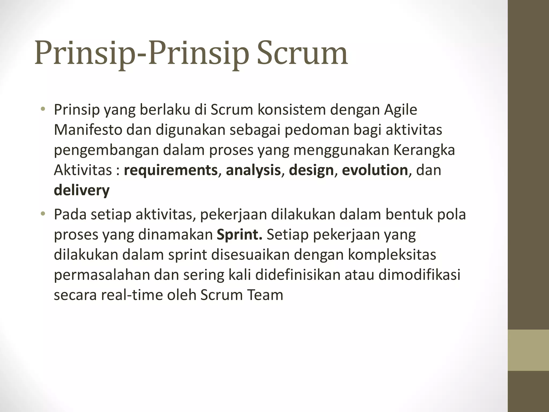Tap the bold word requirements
tap(170, 170)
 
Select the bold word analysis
tap(253, 170)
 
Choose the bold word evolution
tap(375, 170)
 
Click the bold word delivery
tap(82, 190)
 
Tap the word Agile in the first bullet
tap(400, 110)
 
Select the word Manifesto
tap(88, 130)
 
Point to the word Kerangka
tap(424, 150)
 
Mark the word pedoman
tap(317, 130)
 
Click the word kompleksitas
tap(392, 255)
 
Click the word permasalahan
tap(102, 275)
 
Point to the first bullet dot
tap(43, 109)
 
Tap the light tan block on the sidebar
tap(528, 350)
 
